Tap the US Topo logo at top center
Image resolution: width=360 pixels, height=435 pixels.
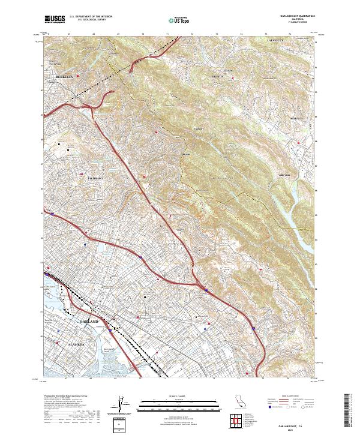coord(172,20)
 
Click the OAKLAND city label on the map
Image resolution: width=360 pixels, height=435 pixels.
coord(89,322)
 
